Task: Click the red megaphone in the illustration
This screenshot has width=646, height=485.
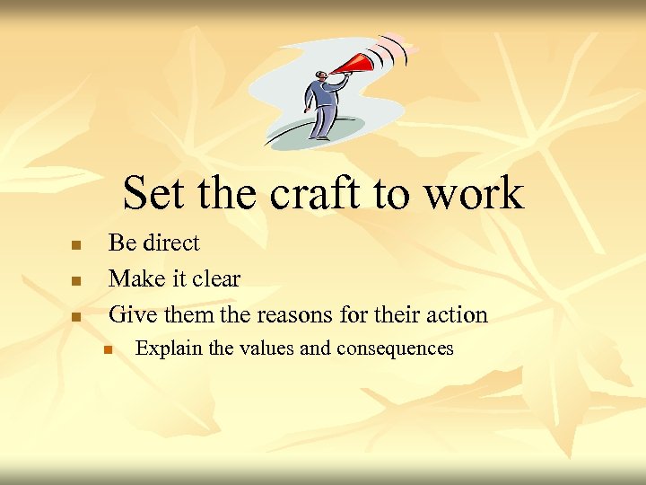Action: click(359, 65)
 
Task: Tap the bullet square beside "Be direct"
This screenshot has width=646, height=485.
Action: click(76, 245)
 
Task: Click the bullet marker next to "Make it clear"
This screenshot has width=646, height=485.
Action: click(76, 281)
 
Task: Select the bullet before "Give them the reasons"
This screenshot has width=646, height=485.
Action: click(76, 317)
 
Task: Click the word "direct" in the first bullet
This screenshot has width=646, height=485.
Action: click(172, 243)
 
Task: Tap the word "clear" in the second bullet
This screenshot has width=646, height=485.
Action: click(216, 279)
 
